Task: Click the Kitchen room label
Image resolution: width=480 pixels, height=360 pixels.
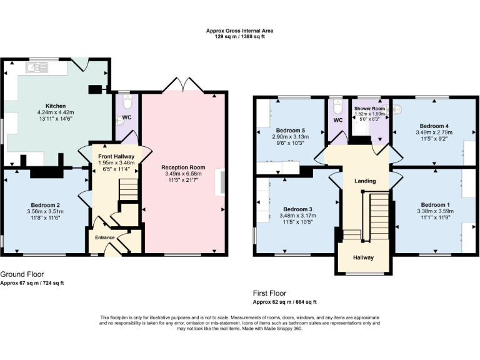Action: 47,106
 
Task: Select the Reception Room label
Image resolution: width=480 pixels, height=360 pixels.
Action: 183,167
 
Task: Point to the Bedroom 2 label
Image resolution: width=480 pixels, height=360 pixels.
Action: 45,204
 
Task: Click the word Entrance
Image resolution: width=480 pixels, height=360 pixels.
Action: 104,237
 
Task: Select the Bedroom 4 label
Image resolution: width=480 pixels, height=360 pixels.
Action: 433,125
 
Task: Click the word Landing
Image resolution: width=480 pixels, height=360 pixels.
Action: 365,181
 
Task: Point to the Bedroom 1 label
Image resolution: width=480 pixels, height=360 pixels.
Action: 434,204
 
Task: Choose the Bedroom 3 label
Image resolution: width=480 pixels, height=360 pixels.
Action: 297,209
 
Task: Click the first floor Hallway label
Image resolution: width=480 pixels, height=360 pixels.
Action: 364,257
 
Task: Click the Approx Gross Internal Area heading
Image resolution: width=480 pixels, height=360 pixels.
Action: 240,31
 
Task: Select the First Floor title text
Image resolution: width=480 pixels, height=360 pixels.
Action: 270,292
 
